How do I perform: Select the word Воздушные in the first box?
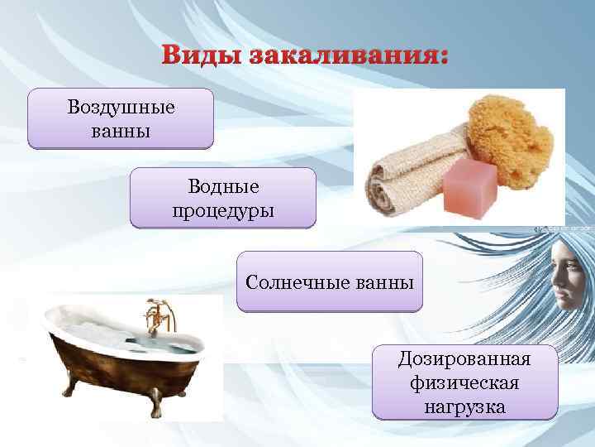pyautogui.click(x=121, y=108)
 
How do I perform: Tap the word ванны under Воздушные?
pyautogui.click(x=121, y=131)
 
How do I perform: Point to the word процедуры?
pyautogui.click(x=222, y=209)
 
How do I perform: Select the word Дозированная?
pyautogui.click(x=464, y=360)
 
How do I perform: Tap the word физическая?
pyautogui.click(x=464, y=383)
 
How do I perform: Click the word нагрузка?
pyautogui.click(x=464, y=406)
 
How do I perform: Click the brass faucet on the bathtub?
pyautogui.click(x=153, y=319)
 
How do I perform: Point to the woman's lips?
pyautogui.click(x=569, y=302)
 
